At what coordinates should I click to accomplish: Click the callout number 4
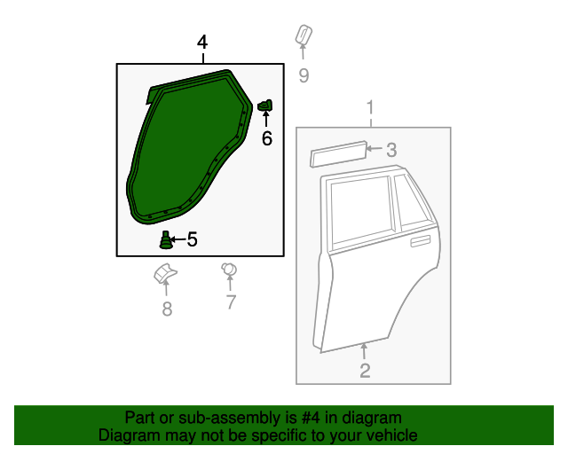[x=202, y=43]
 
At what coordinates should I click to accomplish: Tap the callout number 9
[x=304, y=75]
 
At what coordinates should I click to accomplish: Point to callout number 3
[x=391, y=151]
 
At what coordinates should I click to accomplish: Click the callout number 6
[x=266, y=138]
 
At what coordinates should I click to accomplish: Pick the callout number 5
[x=192, y=239]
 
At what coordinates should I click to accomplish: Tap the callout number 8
[x=166, y=309]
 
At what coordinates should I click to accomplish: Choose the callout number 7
[x=230, y=302]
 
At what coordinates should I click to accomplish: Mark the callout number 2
[x=365, y=371]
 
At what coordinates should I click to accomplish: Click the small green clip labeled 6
[x=264, y=106]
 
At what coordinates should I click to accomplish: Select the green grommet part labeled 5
[x=165, y=239]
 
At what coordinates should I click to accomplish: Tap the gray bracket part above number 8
[x=164, y=274]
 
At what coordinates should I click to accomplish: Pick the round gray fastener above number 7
[x=228, y=269]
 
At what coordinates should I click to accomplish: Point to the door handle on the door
[x=420, y=240]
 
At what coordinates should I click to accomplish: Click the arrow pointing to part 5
[x=178, y=239]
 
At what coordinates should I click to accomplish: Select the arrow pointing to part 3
[x=375, y=150]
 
